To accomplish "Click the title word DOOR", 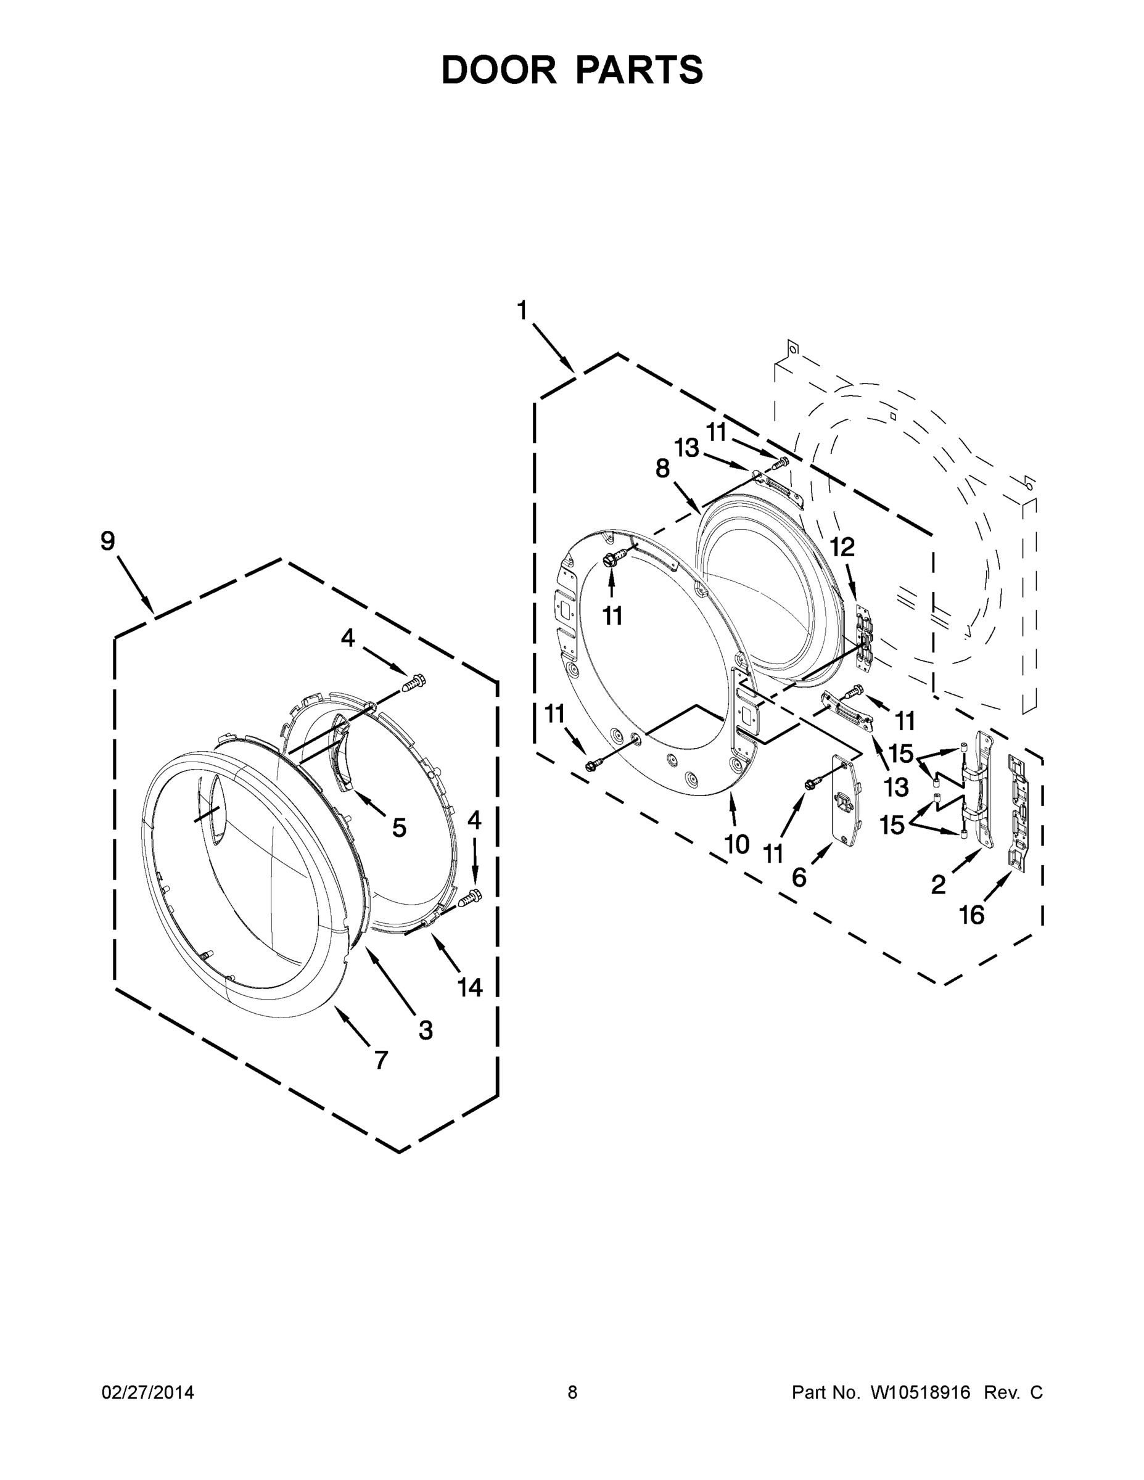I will point(499,70).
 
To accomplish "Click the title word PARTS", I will point(639,70).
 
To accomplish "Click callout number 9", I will point(108,541).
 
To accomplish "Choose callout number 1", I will point(521,311).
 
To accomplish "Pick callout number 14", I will point(470,987).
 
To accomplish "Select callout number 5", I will point(399,828).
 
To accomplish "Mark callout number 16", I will point(971,915).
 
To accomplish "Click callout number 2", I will point(938,884).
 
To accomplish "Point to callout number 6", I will point(800,878).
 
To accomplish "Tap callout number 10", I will point(737,844).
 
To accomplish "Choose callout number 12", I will point(842,547).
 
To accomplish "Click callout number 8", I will point(662,468).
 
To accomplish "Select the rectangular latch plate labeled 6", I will point(846,800).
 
